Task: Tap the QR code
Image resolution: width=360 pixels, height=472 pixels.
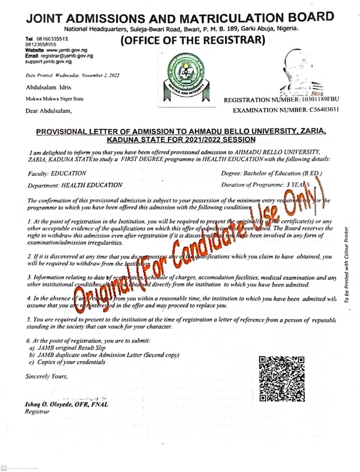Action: tap(282, 378)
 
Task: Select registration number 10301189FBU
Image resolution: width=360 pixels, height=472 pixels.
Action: tap(318, 100)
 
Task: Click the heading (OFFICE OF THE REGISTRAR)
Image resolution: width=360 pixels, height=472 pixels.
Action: tap(192, 41)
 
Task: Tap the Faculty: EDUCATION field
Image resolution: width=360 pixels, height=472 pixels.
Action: tap(57, 174)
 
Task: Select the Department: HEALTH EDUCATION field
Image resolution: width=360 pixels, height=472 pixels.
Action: tap(75, 185)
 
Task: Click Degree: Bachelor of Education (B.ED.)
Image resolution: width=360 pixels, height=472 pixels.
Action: tap(272, 174)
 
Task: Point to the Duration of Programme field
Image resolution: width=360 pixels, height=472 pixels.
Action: tap(271, 185)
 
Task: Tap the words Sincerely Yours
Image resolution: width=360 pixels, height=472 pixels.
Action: tap(46, 376)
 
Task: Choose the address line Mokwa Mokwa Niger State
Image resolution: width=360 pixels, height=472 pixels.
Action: tap(54, 99)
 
